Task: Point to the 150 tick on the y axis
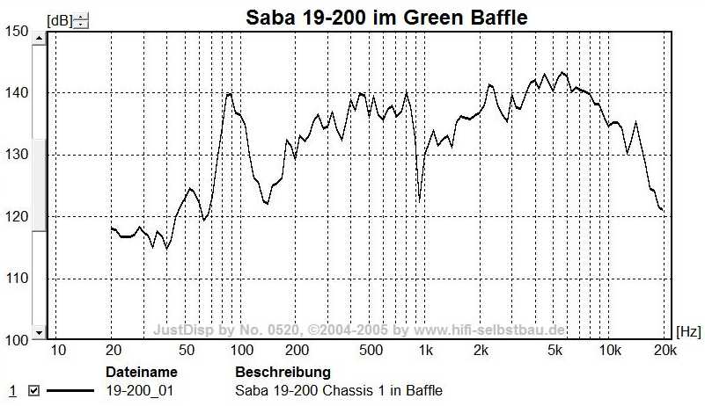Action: (18, 32)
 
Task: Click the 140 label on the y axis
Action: (18, 93)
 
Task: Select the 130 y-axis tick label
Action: (18, 155)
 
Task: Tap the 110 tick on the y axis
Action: (18, 278)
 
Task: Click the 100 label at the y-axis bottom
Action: (18, 339)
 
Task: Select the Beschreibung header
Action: (283, 373)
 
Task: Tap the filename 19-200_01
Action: (140, 391)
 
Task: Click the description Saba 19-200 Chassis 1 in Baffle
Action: (339, 391)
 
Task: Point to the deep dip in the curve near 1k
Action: (420, 200)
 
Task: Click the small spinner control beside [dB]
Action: (80, 19)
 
